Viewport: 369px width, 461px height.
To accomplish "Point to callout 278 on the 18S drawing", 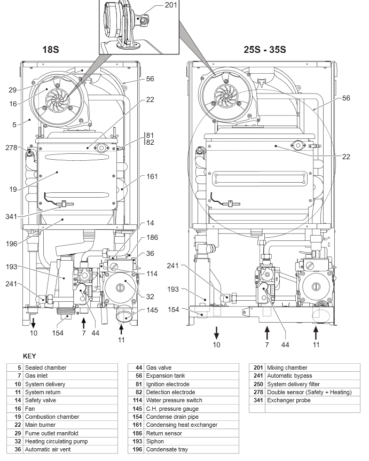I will click(11, 147).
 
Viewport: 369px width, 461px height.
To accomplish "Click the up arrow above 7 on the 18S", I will click(83, 323).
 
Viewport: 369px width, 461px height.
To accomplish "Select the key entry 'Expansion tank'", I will click(166, 376).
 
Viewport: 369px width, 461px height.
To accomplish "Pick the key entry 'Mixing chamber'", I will click(287, 368).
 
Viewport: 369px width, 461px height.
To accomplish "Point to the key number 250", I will click(258, 384).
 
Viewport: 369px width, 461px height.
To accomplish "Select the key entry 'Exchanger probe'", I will click(289, 400).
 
